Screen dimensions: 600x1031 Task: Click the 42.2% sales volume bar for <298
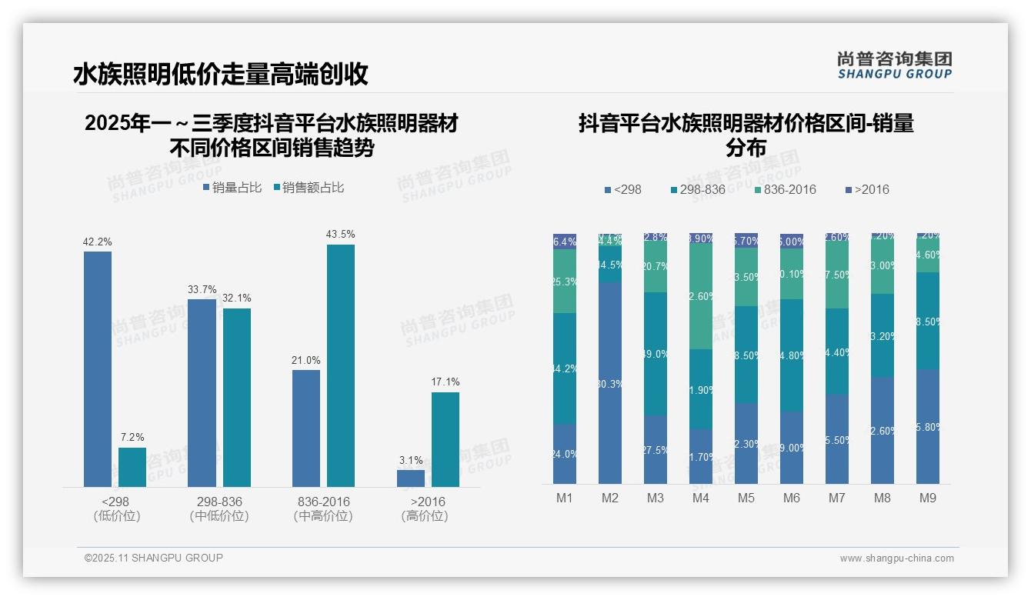pyautogui.click(x=98, y=369)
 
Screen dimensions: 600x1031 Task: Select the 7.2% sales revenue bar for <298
pyautogui.click(x=132, y=467)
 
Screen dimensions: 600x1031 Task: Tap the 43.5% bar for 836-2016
pyautogui.click(x=341, y=365)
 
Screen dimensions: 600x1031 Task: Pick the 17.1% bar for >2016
pyautogui.click(x=445, y=439)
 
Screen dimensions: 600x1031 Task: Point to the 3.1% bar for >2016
pyautogui.click(x=411, y=478)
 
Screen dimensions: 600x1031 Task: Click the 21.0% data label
pyautogui.click(x=306, y=360)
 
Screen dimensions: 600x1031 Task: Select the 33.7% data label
pyautogui.click(x=202, y=289)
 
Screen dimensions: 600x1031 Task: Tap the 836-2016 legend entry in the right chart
pyautogui.click(x=784, y=189)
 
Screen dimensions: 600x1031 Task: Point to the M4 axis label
pyautogui.click(x=700, y=498)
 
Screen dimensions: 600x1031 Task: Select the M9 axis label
pyautogui.click(x=928, y=498)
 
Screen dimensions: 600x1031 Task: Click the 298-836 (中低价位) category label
pyautogui.click(x=219, y=508)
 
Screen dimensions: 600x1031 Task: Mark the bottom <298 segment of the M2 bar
pyautogui.click(x=610, y=382)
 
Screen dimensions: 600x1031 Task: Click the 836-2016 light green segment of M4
pyautogui.click(x=701, y=295)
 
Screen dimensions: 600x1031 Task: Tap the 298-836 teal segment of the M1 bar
pyautogui.click(x=565, y=368)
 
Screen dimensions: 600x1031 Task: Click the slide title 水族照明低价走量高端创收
pyautogui.click(x=221, y=74)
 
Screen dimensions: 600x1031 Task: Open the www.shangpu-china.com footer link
pyautogui.click(x=896, y=558)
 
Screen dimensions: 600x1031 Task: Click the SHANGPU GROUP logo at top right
pyautogui.click(x=895, y=65)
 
